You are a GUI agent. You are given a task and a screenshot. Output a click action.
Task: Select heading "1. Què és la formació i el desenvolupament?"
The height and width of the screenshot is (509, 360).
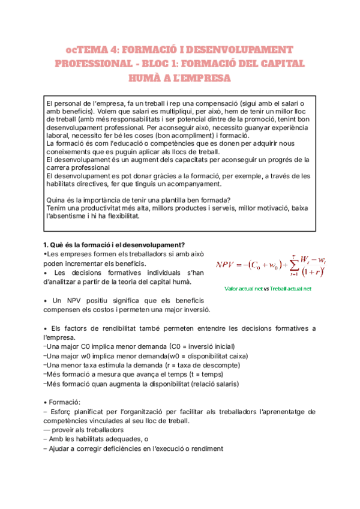coord(114,244)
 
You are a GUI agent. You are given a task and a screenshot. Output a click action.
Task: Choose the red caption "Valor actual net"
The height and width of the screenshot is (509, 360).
coord(243,288)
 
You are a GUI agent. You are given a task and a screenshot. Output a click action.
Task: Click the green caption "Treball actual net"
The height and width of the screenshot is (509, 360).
coord(291,288)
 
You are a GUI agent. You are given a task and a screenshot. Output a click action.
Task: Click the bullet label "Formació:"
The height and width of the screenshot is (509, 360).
coord(60,401)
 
